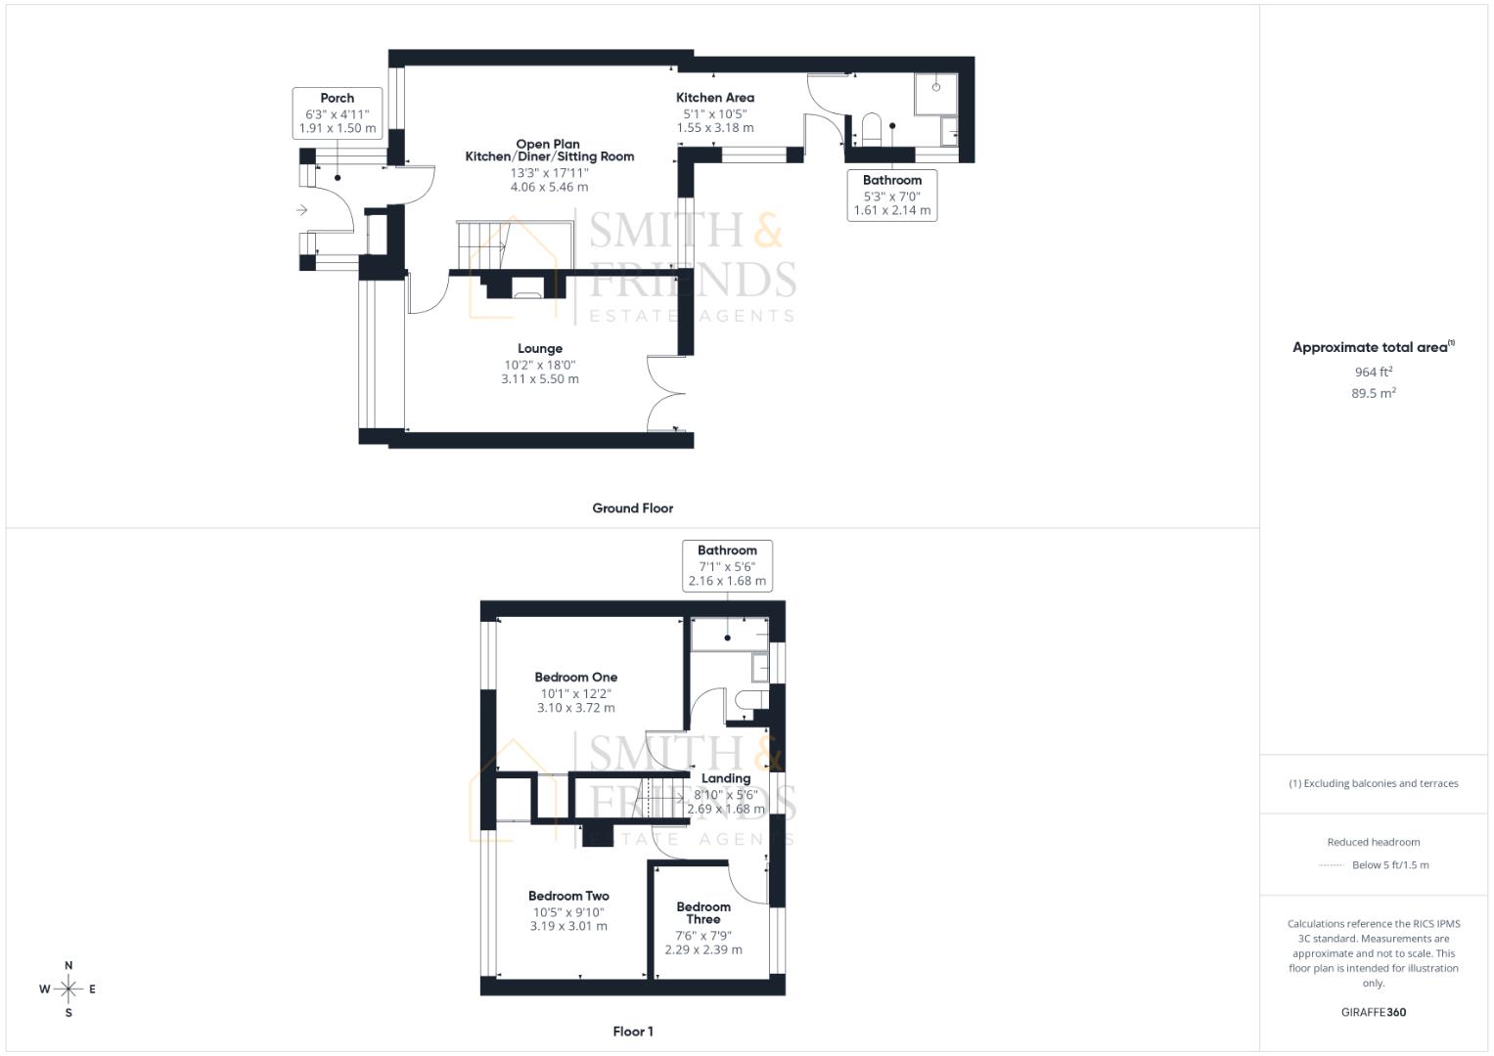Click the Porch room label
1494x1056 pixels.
tap(337, 98)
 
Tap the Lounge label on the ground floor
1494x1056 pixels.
tap(540, 349)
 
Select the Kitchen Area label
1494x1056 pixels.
tap(715, 98)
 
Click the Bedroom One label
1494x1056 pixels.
tap(575, 677)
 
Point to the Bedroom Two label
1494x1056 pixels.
tap(568, 896)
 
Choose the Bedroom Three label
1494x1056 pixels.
tap(703, 912)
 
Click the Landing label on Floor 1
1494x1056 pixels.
tap(725, 778)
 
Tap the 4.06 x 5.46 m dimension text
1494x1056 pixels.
tap(549, 187)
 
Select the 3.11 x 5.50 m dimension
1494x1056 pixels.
tap(540, 379)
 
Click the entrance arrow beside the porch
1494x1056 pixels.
tap(301, 209)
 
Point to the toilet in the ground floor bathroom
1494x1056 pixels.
tap(872, 129)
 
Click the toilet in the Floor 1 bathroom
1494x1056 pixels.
tap(749, 700)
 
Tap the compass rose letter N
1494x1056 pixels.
tap(68, 965)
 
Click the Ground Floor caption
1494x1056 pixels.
tap(632, 508)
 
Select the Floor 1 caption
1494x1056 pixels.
tap(632, 1032)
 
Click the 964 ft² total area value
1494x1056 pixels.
tap(1373, 372)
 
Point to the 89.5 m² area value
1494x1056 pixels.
tap(1373, 393)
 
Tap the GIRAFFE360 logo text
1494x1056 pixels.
tap(1373, 1012)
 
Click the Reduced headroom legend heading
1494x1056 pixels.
tap(1373, 842)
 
